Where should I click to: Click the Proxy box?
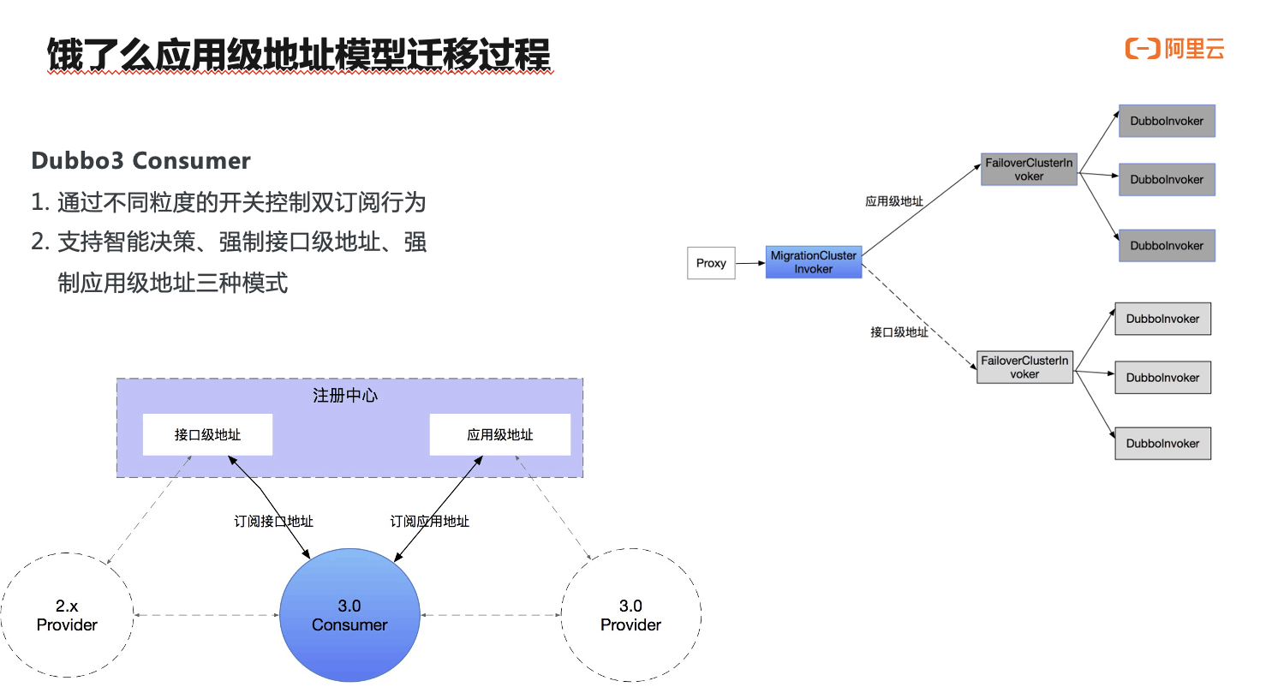pos(711,263)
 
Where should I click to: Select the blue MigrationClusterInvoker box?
pos(813,262)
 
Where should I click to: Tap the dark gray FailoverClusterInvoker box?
pos(1029,170)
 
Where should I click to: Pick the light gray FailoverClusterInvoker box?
pos(1024,367)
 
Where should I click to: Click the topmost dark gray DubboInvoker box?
pos(1167,122)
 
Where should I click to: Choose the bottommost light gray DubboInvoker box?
pos(1162,444)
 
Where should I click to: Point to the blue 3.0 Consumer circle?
pos(349,615)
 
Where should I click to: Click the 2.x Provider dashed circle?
pos(67,615)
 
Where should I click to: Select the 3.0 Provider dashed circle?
pos(630,615)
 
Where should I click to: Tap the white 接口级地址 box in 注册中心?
pos(207,435)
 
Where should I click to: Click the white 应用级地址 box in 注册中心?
pos(499,435)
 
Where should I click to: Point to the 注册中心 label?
pos(345,396)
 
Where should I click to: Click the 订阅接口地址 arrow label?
pos(273,521)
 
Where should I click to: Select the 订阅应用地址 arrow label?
pos(429,521)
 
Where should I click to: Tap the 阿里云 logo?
pos(1174,49)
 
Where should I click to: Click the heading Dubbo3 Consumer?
pos(140,161)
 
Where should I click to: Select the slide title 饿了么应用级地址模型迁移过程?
pos(298,55)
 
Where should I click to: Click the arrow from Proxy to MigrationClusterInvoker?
pos(750,263)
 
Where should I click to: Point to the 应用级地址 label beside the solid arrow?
pos(893,201)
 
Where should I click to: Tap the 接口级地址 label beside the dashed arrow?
pos(899,332)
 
